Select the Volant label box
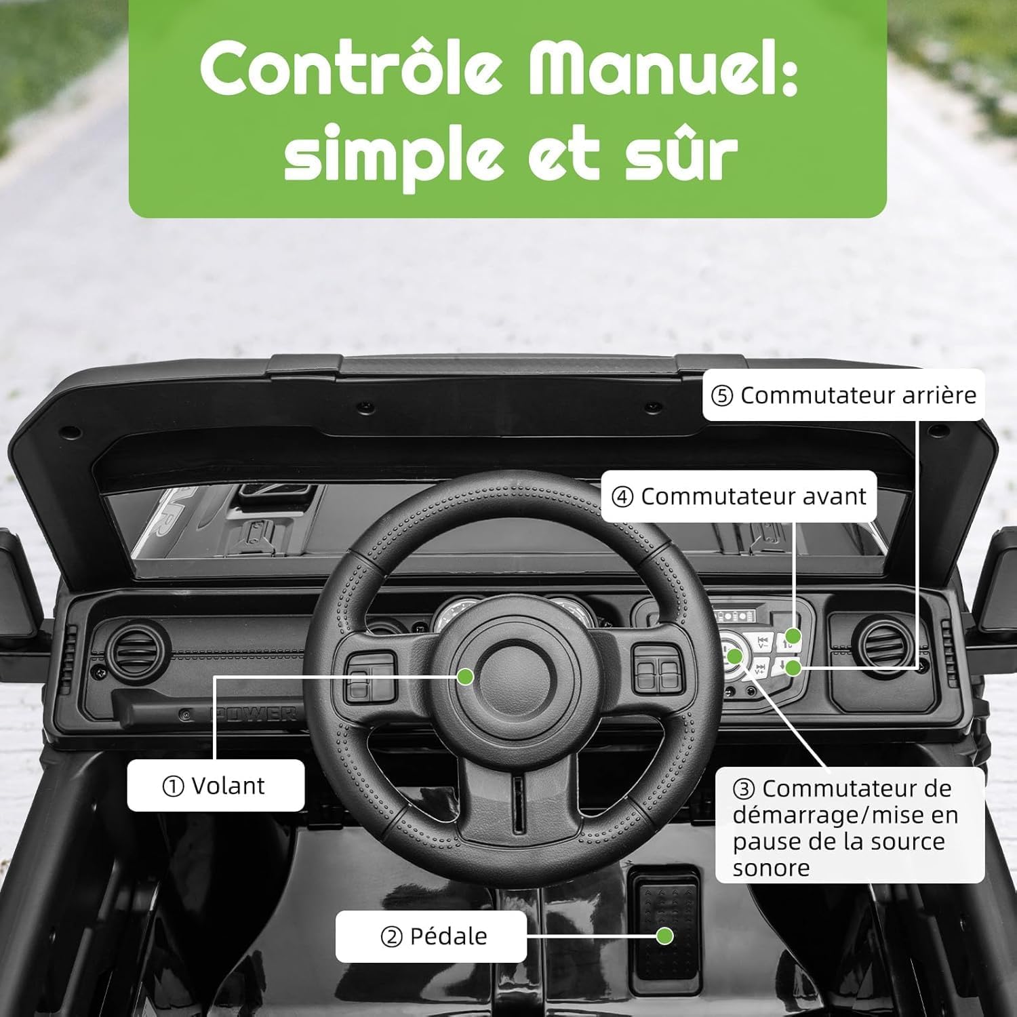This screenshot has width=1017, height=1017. [216, 785]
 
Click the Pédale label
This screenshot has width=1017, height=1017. [431, 936]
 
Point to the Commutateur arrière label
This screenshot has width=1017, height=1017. [843, 395]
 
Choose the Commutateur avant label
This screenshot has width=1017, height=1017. [739, 496]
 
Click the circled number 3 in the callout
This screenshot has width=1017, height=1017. [744, 789]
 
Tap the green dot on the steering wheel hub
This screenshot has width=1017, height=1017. [465, 676]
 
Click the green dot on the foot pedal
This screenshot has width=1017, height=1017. [664, 936]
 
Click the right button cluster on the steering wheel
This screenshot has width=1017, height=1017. [658, 669]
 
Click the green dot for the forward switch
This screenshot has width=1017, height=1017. [793, 637]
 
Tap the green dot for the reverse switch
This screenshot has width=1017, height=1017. [793, 668]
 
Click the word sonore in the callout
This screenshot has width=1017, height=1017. [771, 869]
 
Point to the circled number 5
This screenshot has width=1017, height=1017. [722, 396]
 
